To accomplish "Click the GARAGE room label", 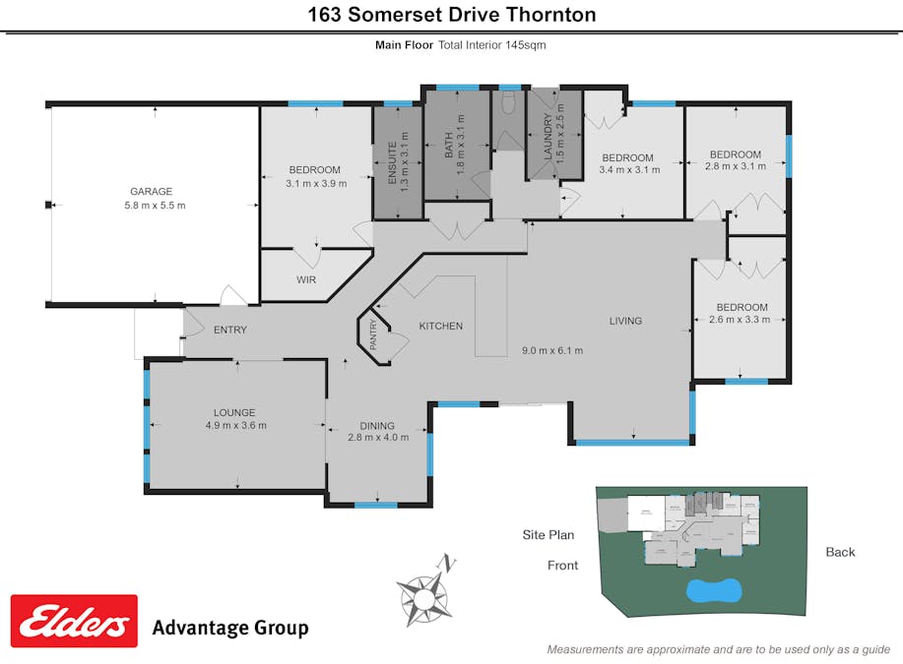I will click(152, 192).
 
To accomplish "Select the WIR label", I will click(306, 279).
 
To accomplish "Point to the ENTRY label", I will click(229, 330).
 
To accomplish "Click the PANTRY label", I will click(373, 335).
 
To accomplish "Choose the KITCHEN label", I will click(440, 326).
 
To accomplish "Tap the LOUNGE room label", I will click(235, 412).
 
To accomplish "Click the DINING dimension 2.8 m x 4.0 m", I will click(378, 438).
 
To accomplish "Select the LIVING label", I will click(625, 321).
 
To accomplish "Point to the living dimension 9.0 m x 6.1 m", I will click(551, 350).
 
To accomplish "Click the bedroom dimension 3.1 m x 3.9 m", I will click(316, 183).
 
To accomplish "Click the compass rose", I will click(425, 589).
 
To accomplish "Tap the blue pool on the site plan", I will click(712, 590).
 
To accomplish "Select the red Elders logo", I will click(74, 621).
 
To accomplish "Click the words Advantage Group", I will click(230, 628).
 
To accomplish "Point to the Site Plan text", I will click(548, 535).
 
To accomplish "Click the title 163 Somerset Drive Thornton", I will click(451, 15).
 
